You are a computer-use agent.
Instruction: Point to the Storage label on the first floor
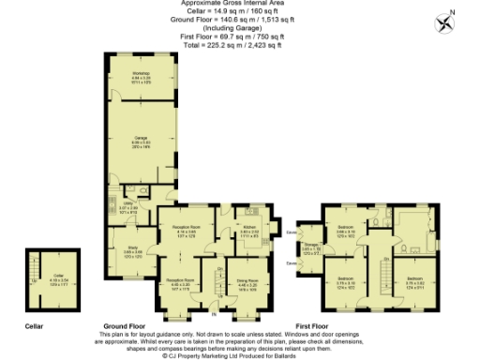(x=311, y=249)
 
